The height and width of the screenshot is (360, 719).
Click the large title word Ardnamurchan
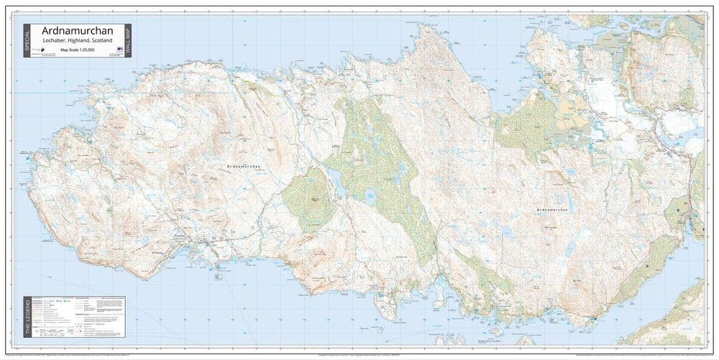click(78, 32)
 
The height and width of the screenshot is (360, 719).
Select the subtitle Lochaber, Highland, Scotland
click(78, 42)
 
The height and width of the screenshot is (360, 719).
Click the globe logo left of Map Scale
click(44, 51)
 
